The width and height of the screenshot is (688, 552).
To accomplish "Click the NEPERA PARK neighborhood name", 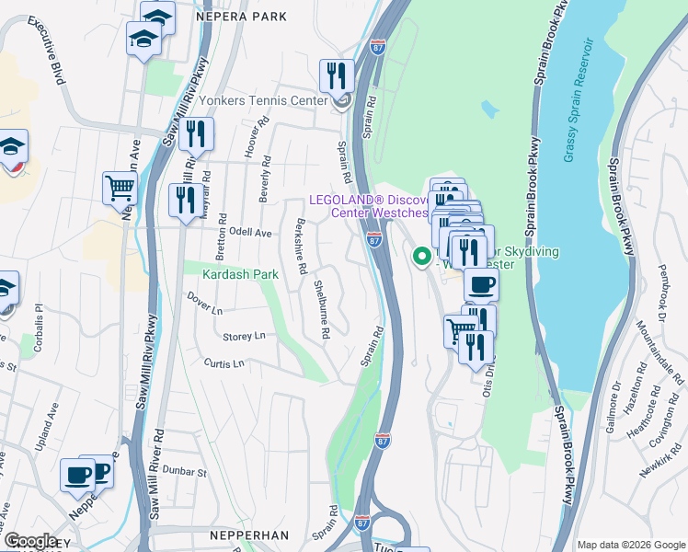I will [235, 16].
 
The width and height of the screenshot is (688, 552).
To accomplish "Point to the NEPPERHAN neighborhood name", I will [248, 535].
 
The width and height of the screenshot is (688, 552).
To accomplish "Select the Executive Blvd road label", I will [53, 55].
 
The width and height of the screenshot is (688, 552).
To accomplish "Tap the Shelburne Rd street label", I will [321, 310].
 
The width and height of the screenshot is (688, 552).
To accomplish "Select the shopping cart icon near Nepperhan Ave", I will [120, 189].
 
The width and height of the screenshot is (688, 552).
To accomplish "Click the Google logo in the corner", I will [30, 542].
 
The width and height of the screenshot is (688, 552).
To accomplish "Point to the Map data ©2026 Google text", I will [631, 545].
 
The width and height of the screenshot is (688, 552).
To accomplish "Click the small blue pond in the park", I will [489, 109].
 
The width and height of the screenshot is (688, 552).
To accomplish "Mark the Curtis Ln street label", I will [224, 363].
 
